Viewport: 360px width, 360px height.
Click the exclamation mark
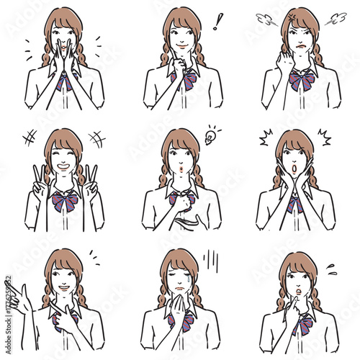pyautogui.click(x=217, y=22)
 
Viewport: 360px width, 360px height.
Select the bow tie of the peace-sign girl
pyautogui.click(x=65, y=202)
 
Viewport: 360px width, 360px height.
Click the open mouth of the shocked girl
pyautogui.click(x=294, y=172)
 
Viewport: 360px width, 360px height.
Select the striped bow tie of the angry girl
pyautogui.click(x=302, y=81)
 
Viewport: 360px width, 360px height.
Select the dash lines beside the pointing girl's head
pyautogui.click(x=94, y=256)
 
